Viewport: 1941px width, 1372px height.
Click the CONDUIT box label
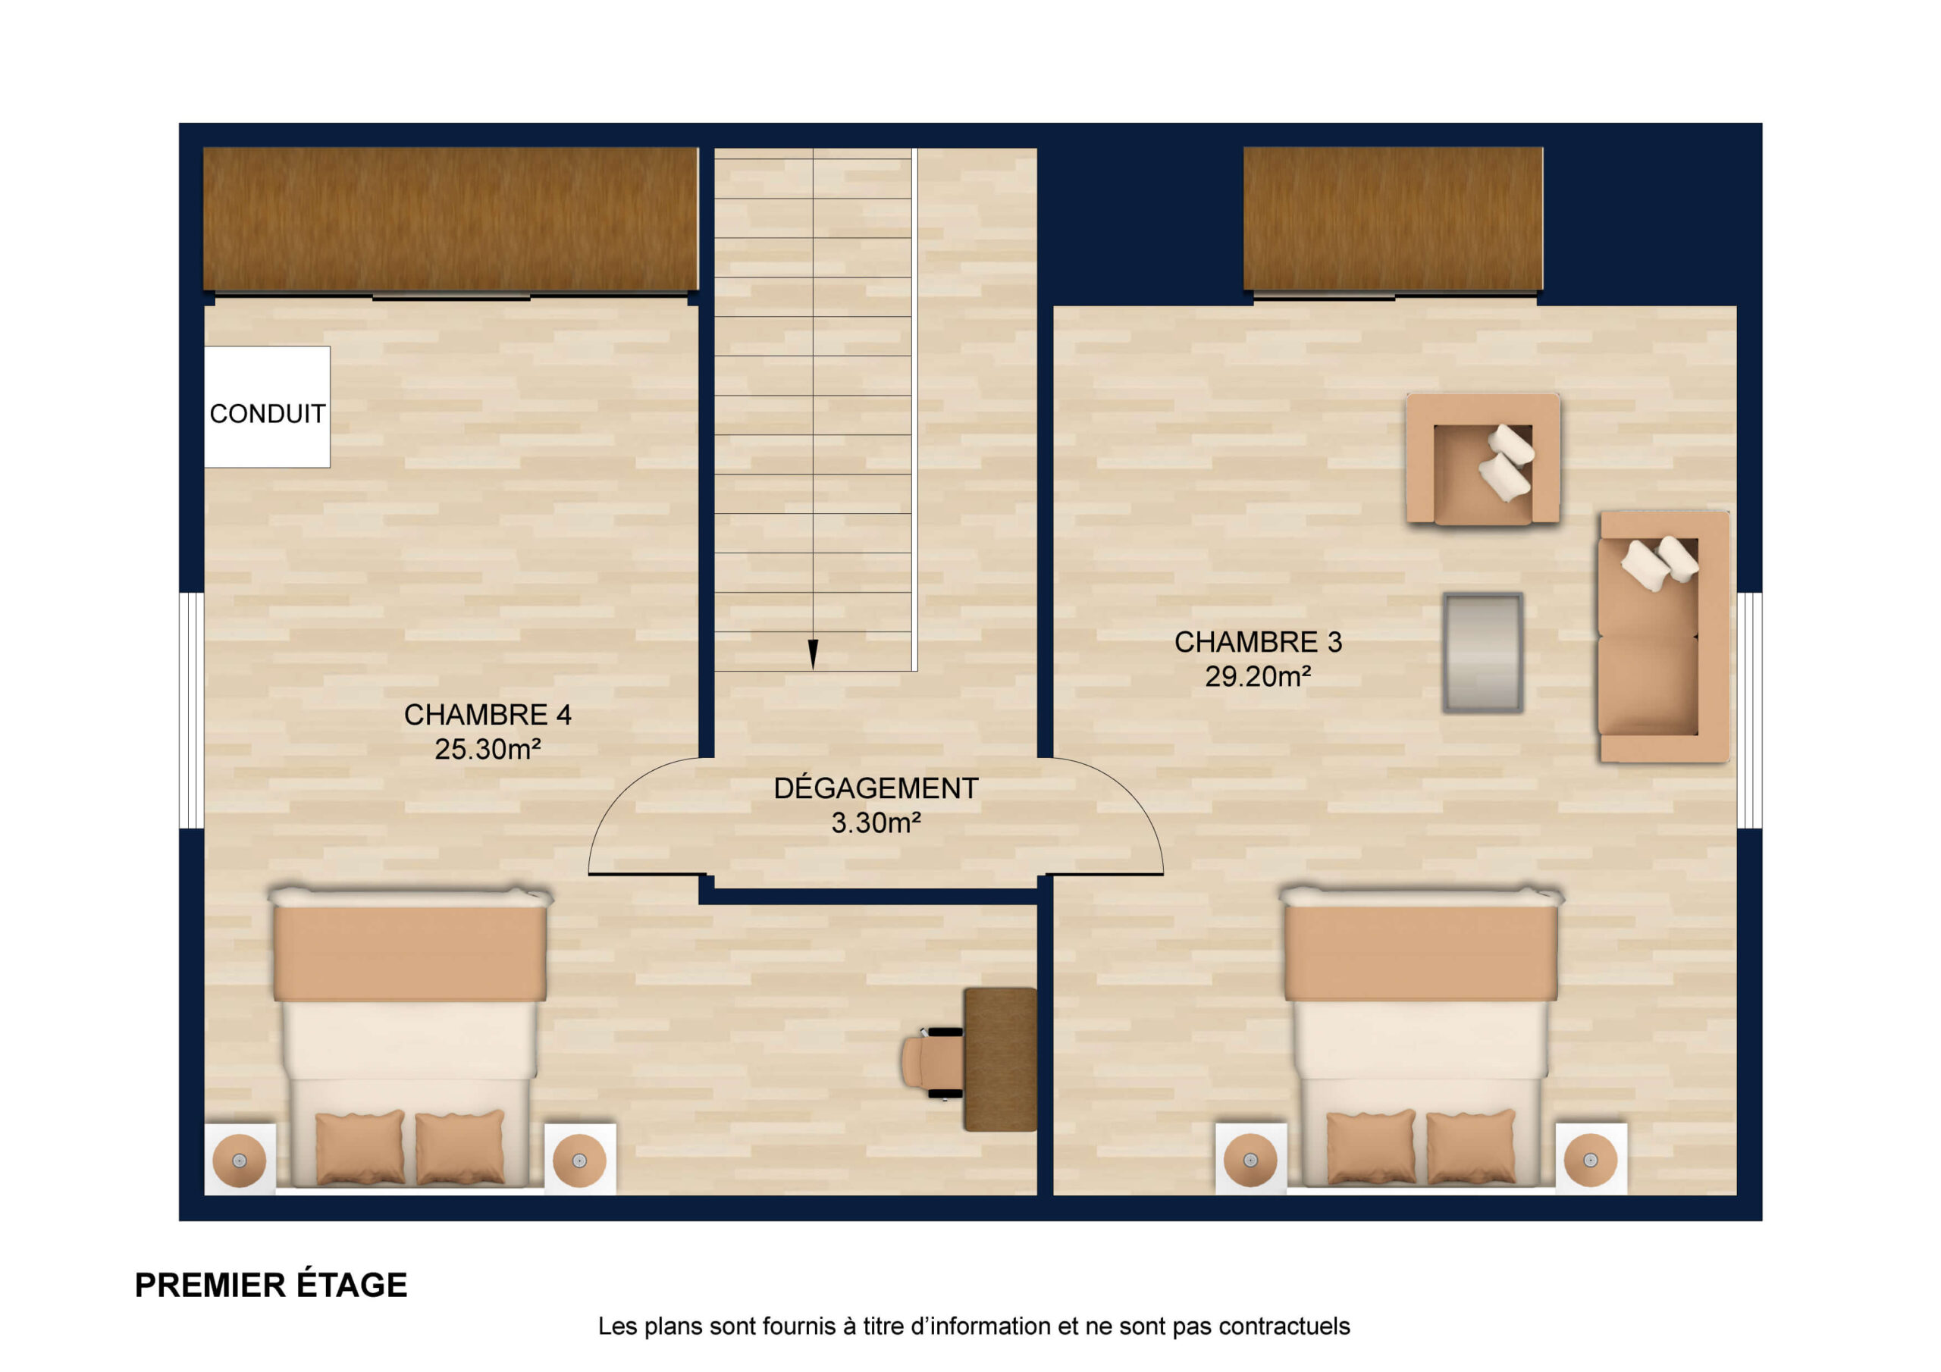point(267,413)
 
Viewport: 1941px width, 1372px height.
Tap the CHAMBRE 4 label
point(488,714)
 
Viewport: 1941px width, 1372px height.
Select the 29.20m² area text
point(1258,676)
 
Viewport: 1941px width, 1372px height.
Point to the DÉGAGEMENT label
point(876,788)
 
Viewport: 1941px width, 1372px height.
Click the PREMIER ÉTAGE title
point(271,1285)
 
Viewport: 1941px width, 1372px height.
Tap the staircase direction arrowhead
point(814,654)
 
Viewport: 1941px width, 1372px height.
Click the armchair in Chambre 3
point(1483,459)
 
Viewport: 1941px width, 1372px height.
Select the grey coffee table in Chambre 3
point(1483,653)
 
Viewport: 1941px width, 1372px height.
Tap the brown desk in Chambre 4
point(1000,1059)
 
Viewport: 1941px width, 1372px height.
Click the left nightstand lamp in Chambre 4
point(240,1160)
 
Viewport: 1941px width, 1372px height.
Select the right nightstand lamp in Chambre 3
point(1590,1160)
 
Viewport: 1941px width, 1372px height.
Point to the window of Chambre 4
point(192,710)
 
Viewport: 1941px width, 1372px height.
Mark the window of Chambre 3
point(1749,710)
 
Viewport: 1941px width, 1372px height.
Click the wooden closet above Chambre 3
point(1393,219)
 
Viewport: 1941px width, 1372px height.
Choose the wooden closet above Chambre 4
point(450,219)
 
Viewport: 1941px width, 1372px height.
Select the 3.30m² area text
point(876,822)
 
